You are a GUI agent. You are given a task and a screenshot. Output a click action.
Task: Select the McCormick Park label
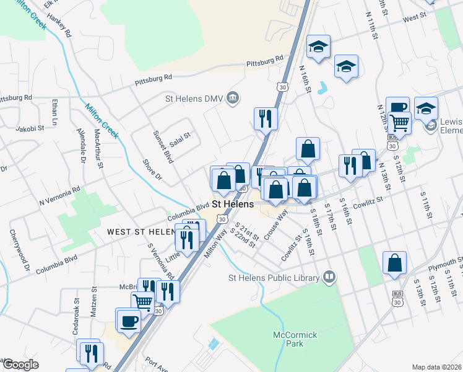(x=295, y=339)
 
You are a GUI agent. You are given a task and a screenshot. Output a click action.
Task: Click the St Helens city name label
(x=232, y=203)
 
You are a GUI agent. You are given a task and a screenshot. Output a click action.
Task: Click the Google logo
(x=20, y=365)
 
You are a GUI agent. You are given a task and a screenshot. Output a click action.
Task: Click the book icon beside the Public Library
(x=330, y=277)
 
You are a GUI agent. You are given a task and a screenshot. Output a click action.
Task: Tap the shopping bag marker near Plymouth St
(x=394, y=263)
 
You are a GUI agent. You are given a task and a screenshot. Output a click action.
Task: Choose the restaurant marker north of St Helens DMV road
(x=266, y=117)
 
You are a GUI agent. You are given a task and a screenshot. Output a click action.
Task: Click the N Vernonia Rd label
(x=59, y=196)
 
